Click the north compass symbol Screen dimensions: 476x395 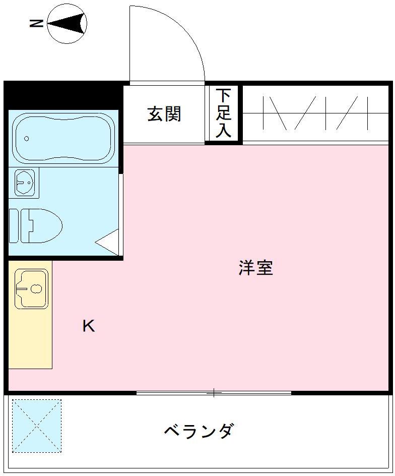67,23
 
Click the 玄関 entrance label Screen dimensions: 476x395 164,114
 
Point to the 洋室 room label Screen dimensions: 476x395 256,268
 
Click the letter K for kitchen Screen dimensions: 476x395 89,326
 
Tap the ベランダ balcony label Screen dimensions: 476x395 199,431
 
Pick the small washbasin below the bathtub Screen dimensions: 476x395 25,182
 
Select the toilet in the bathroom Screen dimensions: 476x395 43,225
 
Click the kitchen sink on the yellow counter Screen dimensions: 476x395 31,288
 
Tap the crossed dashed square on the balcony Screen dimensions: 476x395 37,426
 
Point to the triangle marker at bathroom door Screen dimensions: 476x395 108,243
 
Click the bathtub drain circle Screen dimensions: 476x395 27,139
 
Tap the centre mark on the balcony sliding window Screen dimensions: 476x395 214,392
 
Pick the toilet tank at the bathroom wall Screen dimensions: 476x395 14,225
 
